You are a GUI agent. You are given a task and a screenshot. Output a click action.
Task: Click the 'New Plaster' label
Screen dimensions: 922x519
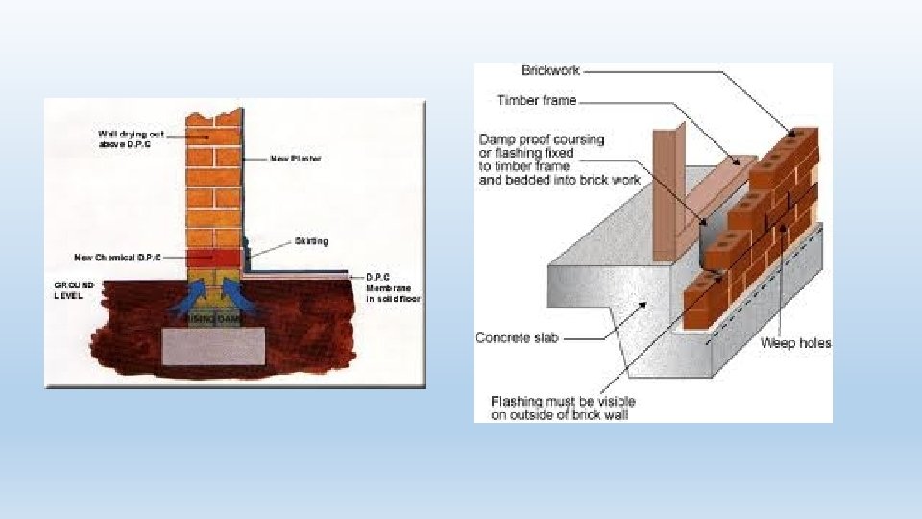296,159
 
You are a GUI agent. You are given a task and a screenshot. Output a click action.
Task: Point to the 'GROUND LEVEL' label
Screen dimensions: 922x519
74,290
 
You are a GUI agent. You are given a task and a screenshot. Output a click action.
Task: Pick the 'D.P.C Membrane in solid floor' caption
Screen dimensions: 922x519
393,287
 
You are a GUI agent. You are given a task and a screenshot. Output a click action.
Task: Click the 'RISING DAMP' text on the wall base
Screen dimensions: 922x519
213,318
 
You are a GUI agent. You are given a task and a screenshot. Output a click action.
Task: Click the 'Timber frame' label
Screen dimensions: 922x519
537,100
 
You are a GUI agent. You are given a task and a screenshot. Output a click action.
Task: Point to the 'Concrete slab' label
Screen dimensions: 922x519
517,338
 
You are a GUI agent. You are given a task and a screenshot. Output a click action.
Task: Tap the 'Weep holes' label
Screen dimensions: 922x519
796,343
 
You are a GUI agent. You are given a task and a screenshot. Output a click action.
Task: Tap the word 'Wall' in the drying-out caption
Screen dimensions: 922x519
108,134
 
